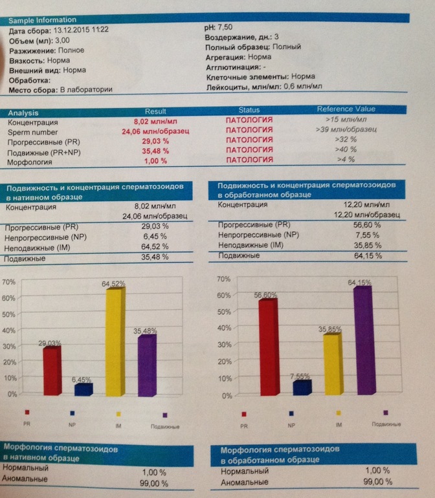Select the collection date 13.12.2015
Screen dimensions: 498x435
(69, 30)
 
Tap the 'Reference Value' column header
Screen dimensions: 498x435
(346, 109)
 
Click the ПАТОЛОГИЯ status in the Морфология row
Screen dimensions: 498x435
(249, 160)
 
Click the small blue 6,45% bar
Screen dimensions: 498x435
(84, 389)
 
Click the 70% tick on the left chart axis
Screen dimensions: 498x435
(9, 282)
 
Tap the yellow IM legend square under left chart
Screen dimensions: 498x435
(118, 413)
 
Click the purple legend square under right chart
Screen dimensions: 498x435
(386, 412)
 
